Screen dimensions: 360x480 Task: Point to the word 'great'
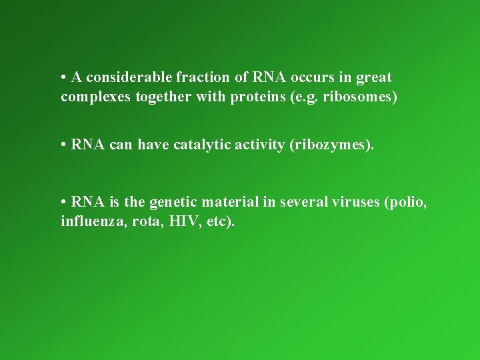(x=373, y=79)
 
